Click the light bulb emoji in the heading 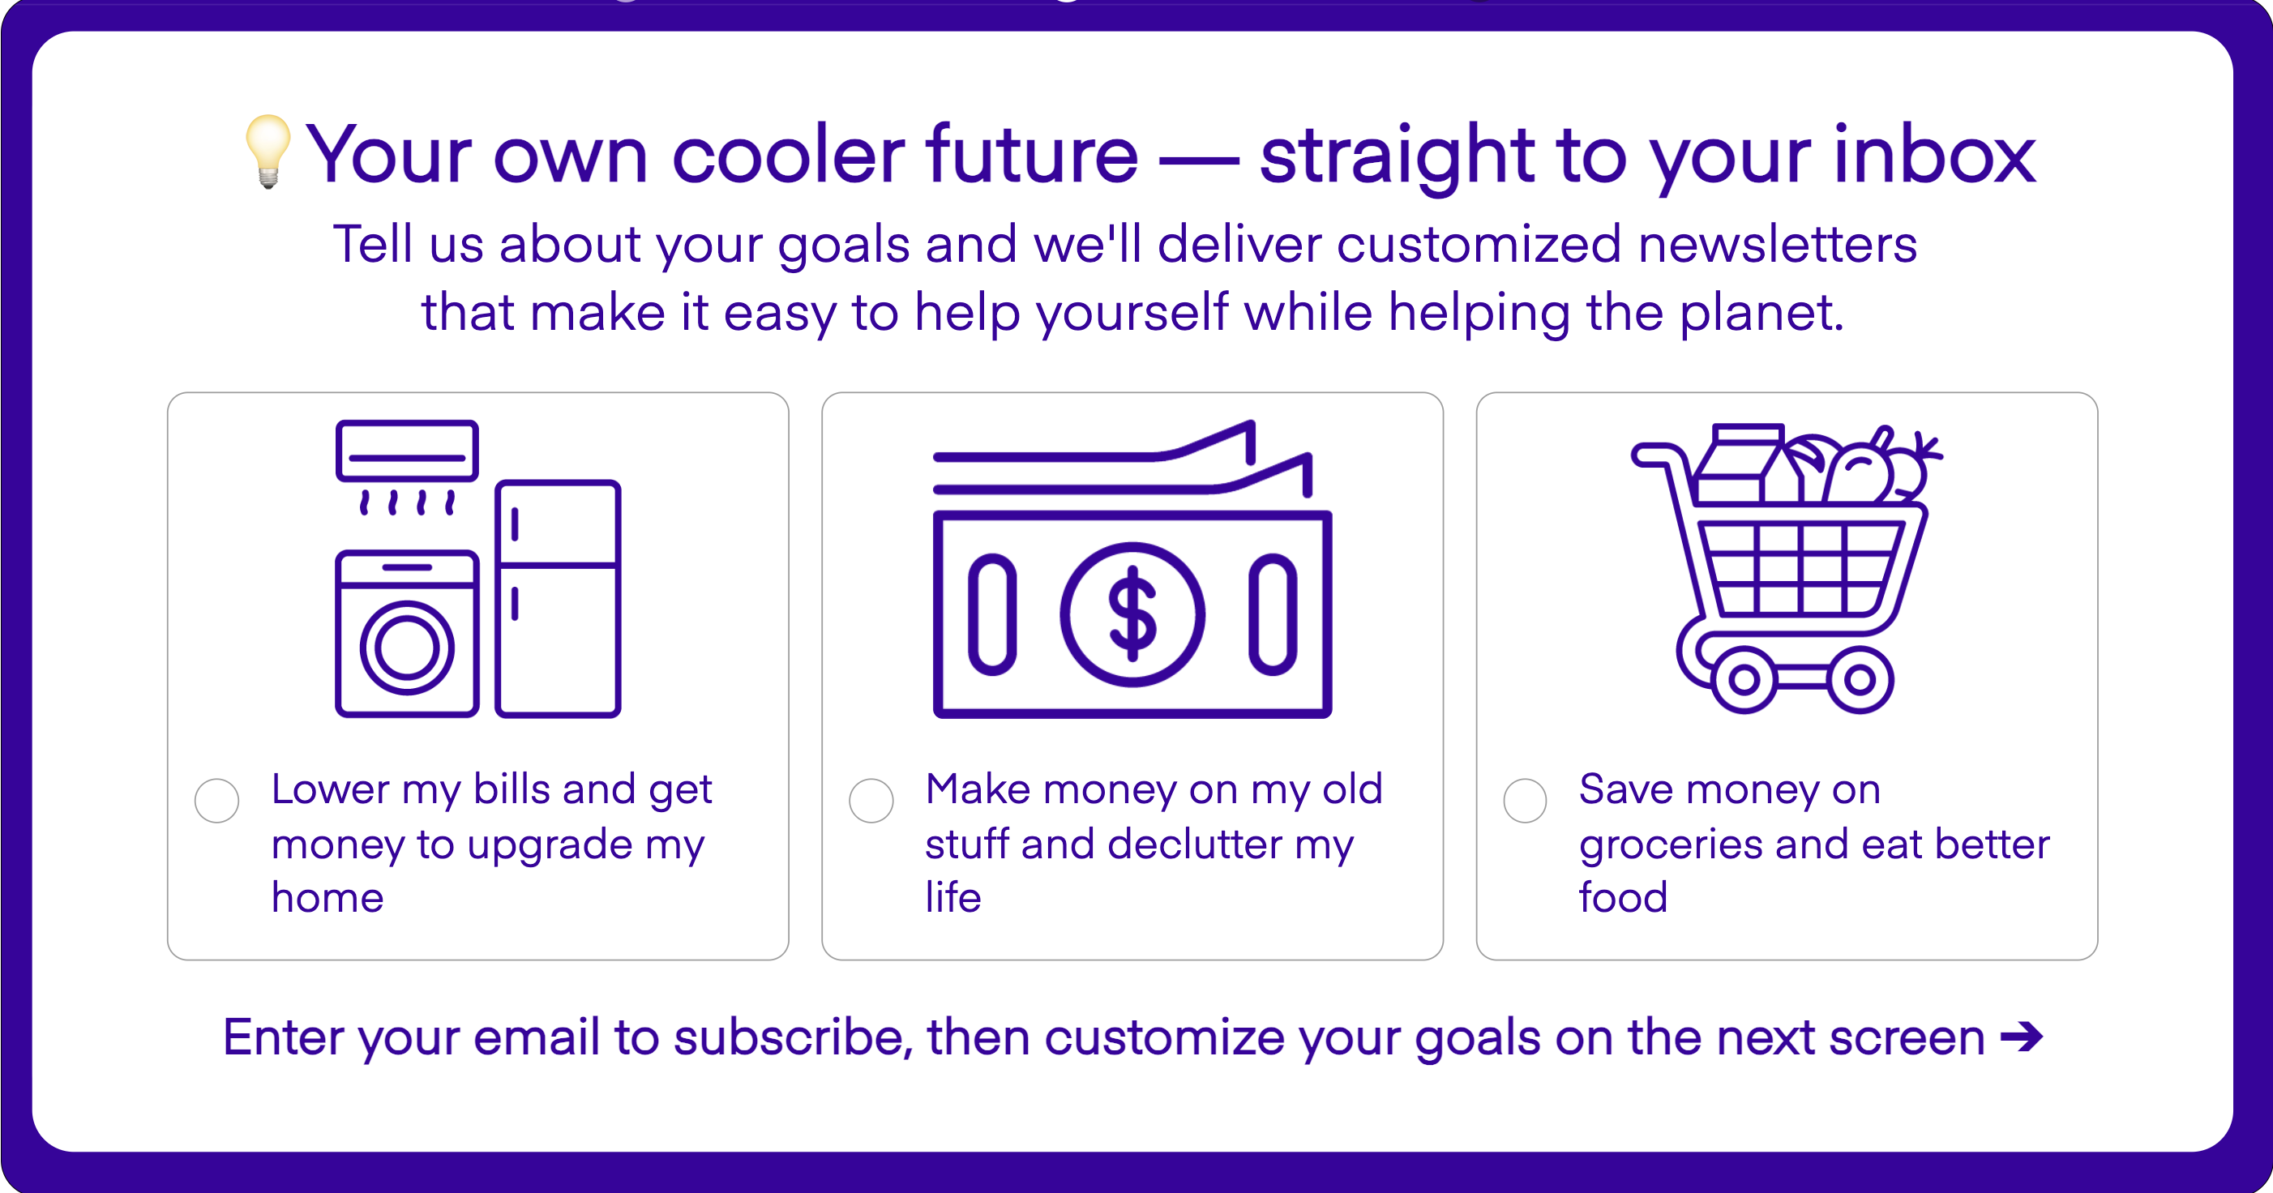point(268,152)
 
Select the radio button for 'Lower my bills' point(217,801)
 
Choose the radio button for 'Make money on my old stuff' point(871,801)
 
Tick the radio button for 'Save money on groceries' point(1525,801)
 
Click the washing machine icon point(407,634)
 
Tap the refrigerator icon point(558,598)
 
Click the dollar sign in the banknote point(1132,614)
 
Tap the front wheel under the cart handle point(1744,679)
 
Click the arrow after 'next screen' point(2022,1036)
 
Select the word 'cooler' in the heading point(789,155)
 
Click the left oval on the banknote point(991,614)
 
